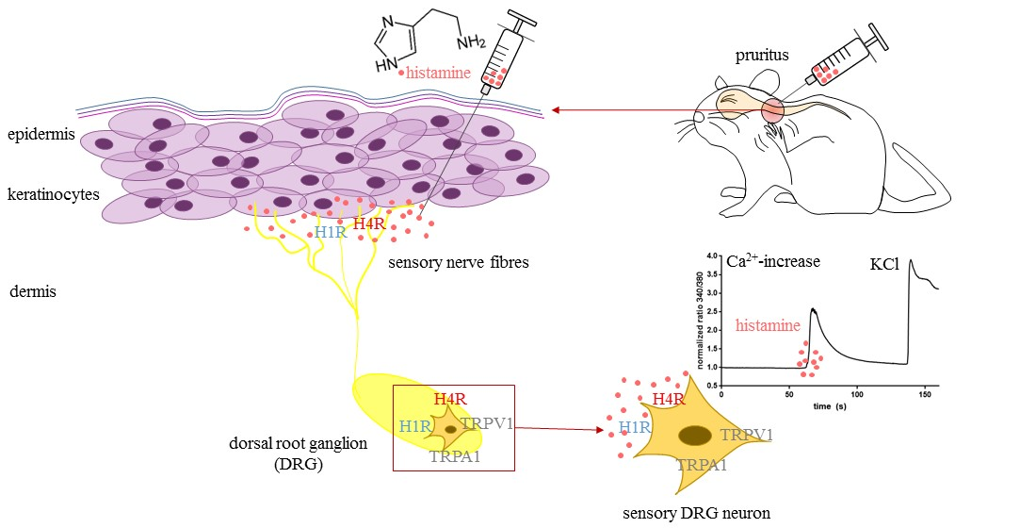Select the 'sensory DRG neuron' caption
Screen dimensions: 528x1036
[697, 514]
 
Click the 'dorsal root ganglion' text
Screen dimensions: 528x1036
[294, 443]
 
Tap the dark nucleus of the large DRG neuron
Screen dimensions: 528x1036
[695, 435]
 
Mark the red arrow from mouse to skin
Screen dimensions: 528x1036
[612, 110]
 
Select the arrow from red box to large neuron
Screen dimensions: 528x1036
[560, 430]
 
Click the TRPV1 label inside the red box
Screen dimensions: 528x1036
[487, 424]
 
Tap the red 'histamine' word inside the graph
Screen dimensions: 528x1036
[766, 327]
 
